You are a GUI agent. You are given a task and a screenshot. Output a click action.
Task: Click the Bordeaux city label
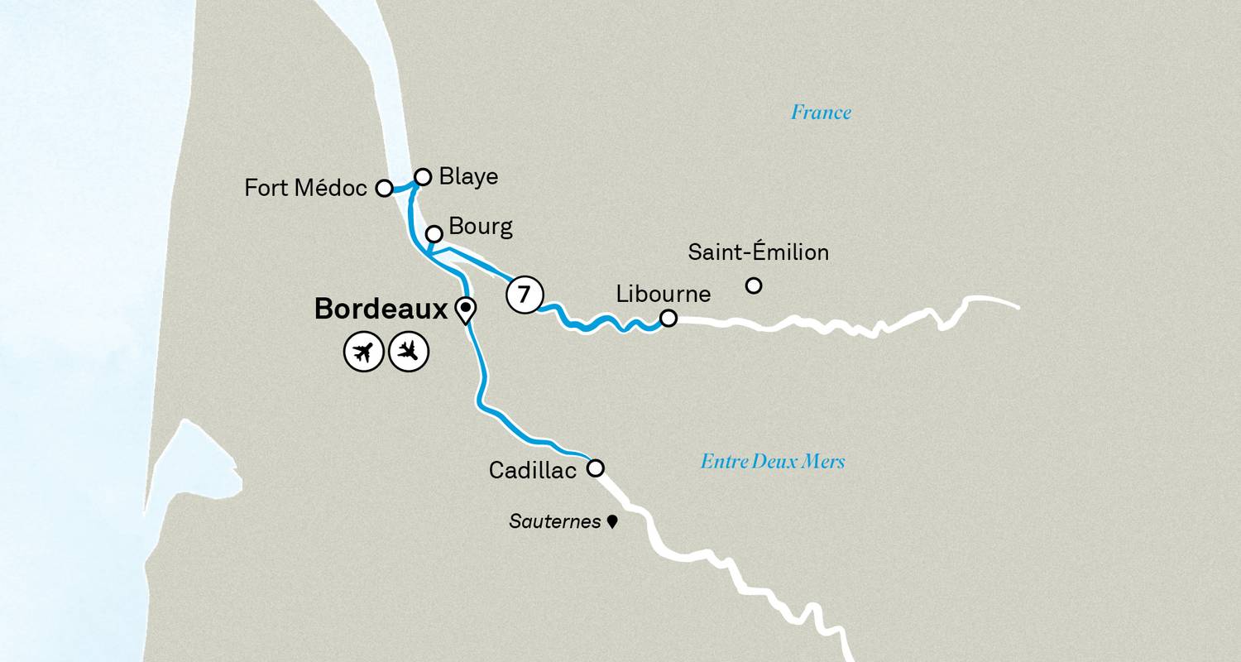[381, 309]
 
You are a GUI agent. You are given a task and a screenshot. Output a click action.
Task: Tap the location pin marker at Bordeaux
[466, 310]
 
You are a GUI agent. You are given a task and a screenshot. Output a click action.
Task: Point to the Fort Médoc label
[305, 189]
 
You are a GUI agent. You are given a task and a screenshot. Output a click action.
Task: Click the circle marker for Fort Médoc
[384, 188]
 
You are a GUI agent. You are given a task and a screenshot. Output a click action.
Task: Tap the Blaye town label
[469, 177]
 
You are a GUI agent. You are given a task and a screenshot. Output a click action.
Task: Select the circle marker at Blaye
[423, 176]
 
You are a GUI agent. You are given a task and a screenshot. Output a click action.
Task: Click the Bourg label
[480, 228]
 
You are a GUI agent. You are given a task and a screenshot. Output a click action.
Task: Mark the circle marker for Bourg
[434, 234]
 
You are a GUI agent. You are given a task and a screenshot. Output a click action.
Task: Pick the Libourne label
[664, 294]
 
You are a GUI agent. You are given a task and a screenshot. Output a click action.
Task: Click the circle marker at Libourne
[668, 318]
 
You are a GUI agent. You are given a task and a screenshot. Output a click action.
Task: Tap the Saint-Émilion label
[758, 252]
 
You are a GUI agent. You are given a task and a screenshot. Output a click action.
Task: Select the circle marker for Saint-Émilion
[754, 285]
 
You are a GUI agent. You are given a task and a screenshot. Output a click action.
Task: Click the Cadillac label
[533, 470]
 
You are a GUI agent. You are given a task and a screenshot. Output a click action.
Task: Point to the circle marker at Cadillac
[596, 468]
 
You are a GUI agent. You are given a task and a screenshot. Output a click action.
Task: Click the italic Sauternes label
[554, 522]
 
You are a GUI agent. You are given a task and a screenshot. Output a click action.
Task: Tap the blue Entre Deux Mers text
[773, 462]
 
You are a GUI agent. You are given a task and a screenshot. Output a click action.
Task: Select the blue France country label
[821, 113]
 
